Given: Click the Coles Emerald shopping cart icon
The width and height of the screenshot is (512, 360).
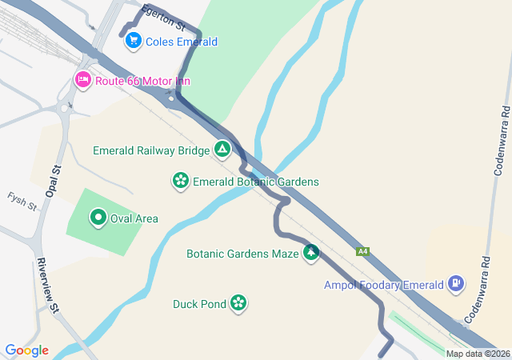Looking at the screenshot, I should coord(134,41).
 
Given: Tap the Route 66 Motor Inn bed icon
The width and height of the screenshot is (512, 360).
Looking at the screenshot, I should coord(83,80).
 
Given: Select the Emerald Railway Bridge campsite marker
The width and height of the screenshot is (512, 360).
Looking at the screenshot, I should coord(222,150).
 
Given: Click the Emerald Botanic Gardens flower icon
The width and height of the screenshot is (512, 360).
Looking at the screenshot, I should coord(181,182).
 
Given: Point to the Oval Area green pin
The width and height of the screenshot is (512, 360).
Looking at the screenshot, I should coord(98,218).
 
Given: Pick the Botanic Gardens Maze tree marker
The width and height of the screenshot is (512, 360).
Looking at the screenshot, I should coord(310,254).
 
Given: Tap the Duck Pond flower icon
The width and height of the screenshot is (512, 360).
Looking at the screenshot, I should coord(238,303).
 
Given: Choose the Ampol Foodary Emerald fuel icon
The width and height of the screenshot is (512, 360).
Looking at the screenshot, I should coord(456,283).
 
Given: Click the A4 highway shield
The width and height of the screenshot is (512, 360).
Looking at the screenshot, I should coord(363,251).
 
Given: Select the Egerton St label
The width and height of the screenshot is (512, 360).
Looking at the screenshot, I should coord(158,18).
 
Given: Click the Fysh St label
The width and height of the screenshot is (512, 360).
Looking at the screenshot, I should coord(22,201).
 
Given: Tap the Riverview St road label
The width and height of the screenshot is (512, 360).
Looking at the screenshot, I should coord(47,286).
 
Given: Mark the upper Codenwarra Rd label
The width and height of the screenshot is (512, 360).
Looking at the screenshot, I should coord(502,139).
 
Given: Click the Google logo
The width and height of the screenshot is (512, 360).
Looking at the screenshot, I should coord(26,350).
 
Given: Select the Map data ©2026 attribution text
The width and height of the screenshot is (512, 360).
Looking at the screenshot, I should coord(478,354).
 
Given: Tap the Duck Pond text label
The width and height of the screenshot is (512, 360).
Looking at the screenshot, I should coord(199,304).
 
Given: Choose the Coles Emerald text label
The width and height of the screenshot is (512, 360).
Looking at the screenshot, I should coord(182,42).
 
